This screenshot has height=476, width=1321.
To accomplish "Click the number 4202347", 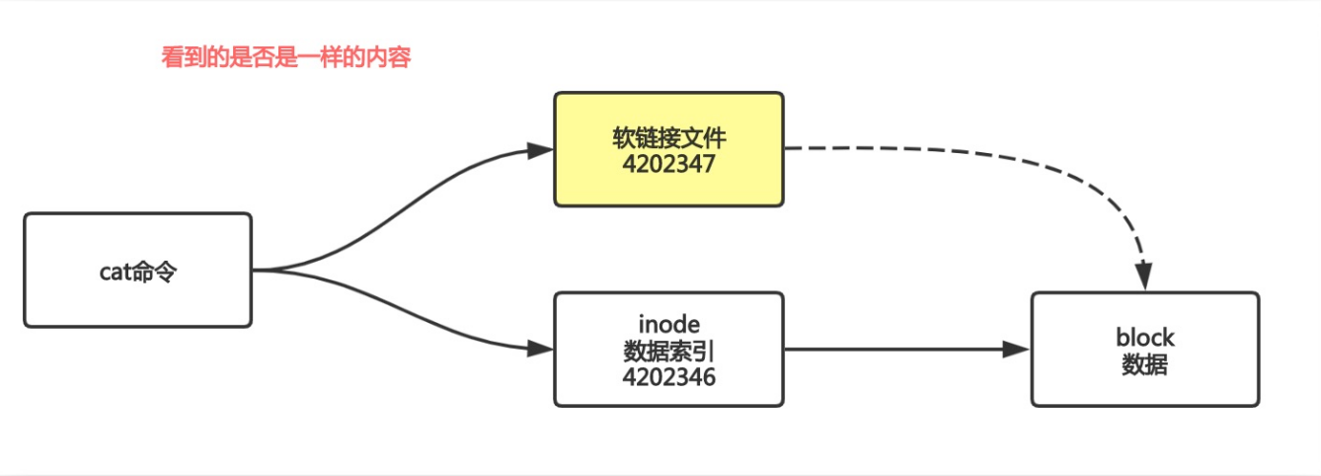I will [x=668, y=164].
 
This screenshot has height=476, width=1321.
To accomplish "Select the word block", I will [x=1145, y=338].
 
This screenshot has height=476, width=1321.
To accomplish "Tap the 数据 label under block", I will [x=1145, y=365].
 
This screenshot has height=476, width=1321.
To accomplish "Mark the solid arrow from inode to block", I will [x=889, y=349].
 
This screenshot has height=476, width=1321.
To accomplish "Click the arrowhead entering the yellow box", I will [x=540, y=151].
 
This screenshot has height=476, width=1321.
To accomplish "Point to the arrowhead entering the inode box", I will [x=540, y=349].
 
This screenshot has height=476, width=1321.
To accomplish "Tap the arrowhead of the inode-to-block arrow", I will [x=1017, y=349].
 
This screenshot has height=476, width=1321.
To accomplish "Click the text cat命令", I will [x=137, y=272].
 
